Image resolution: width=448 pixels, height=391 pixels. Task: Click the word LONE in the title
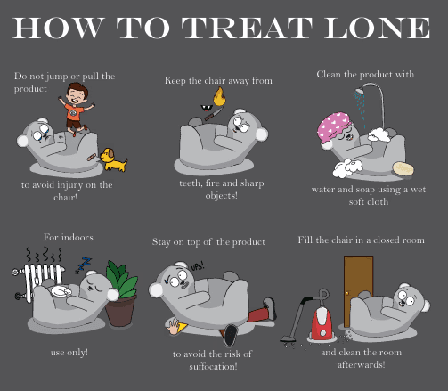click(x=377, y=28)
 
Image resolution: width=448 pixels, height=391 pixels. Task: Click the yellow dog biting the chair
click(x=113, y=159)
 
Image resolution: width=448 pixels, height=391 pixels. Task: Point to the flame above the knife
click(x=219, y=96)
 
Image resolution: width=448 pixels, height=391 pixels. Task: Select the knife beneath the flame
click(x=214, y=114)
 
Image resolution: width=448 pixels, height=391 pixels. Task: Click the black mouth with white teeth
click(x=205, y=108)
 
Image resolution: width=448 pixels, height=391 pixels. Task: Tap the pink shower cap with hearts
click(x=334, y=128)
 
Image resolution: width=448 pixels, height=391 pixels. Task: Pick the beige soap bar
click(x=403, y=168)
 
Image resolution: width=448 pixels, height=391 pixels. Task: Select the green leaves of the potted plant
click(x=121, y=279)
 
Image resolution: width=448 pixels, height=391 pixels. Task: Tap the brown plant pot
click(x=120, y=311)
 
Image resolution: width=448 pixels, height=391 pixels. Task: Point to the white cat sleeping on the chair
click(x=61, y=291)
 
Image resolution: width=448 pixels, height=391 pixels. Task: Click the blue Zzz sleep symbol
click(x=84, y=265)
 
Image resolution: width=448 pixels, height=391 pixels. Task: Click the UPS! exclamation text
click(x=198, y=265)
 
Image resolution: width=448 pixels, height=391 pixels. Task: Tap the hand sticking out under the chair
click(x=173, y=327)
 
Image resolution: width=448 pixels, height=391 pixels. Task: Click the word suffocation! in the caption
click(x=213, y=366)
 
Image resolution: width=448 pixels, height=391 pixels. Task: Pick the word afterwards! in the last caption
click(x=362, y=364)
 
